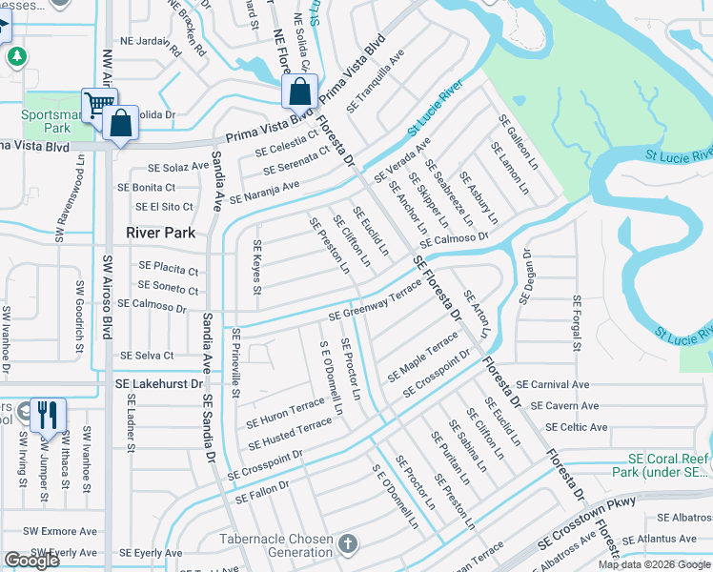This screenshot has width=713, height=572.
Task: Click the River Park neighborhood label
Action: coord(161,233)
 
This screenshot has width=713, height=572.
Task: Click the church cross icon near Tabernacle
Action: coord(348,544)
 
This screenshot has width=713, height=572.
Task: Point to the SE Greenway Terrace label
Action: coord(375,302)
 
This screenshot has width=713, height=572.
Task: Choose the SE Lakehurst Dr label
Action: coord(160,382)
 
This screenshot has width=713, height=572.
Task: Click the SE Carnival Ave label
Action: coord(546,385)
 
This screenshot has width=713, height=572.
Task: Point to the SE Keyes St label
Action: coord(257,267)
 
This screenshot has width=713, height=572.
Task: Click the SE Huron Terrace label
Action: coord(286,413)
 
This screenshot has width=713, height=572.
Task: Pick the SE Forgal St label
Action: coord(578,321)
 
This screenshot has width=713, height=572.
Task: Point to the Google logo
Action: coord(31,561)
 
